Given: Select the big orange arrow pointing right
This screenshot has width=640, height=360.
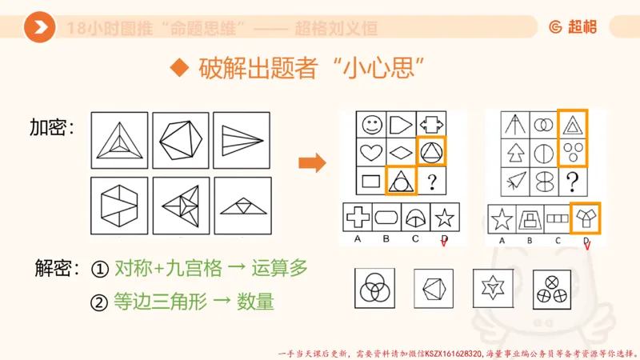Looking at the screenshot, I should pos(312,164).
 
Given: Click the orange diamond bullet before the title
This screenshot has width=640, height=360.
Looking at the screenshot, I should pos(179,68).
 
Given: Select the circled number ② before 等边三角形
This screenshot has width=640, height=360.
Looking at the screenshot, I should pos(100,302).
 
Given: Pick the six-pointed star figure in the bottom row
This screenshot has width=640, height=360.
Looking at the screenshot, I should pos(490,286).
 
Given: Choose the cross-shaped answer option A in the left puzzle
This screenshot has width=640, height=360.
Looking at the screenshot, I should pos(356,217).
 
